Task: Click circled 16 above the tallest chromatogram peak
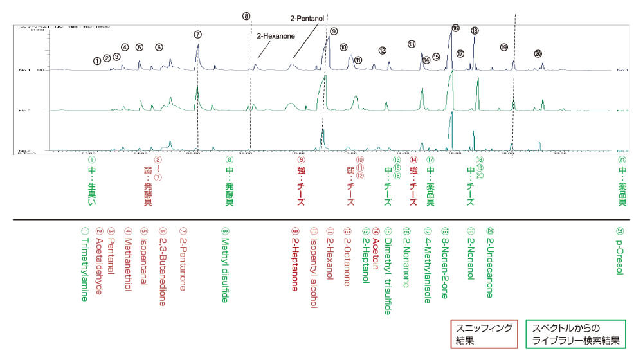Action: coord(455,28)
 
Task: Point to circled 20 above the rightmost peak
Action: coord(538,53)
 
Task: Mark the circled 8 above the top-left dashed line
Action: coord(247,16)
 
